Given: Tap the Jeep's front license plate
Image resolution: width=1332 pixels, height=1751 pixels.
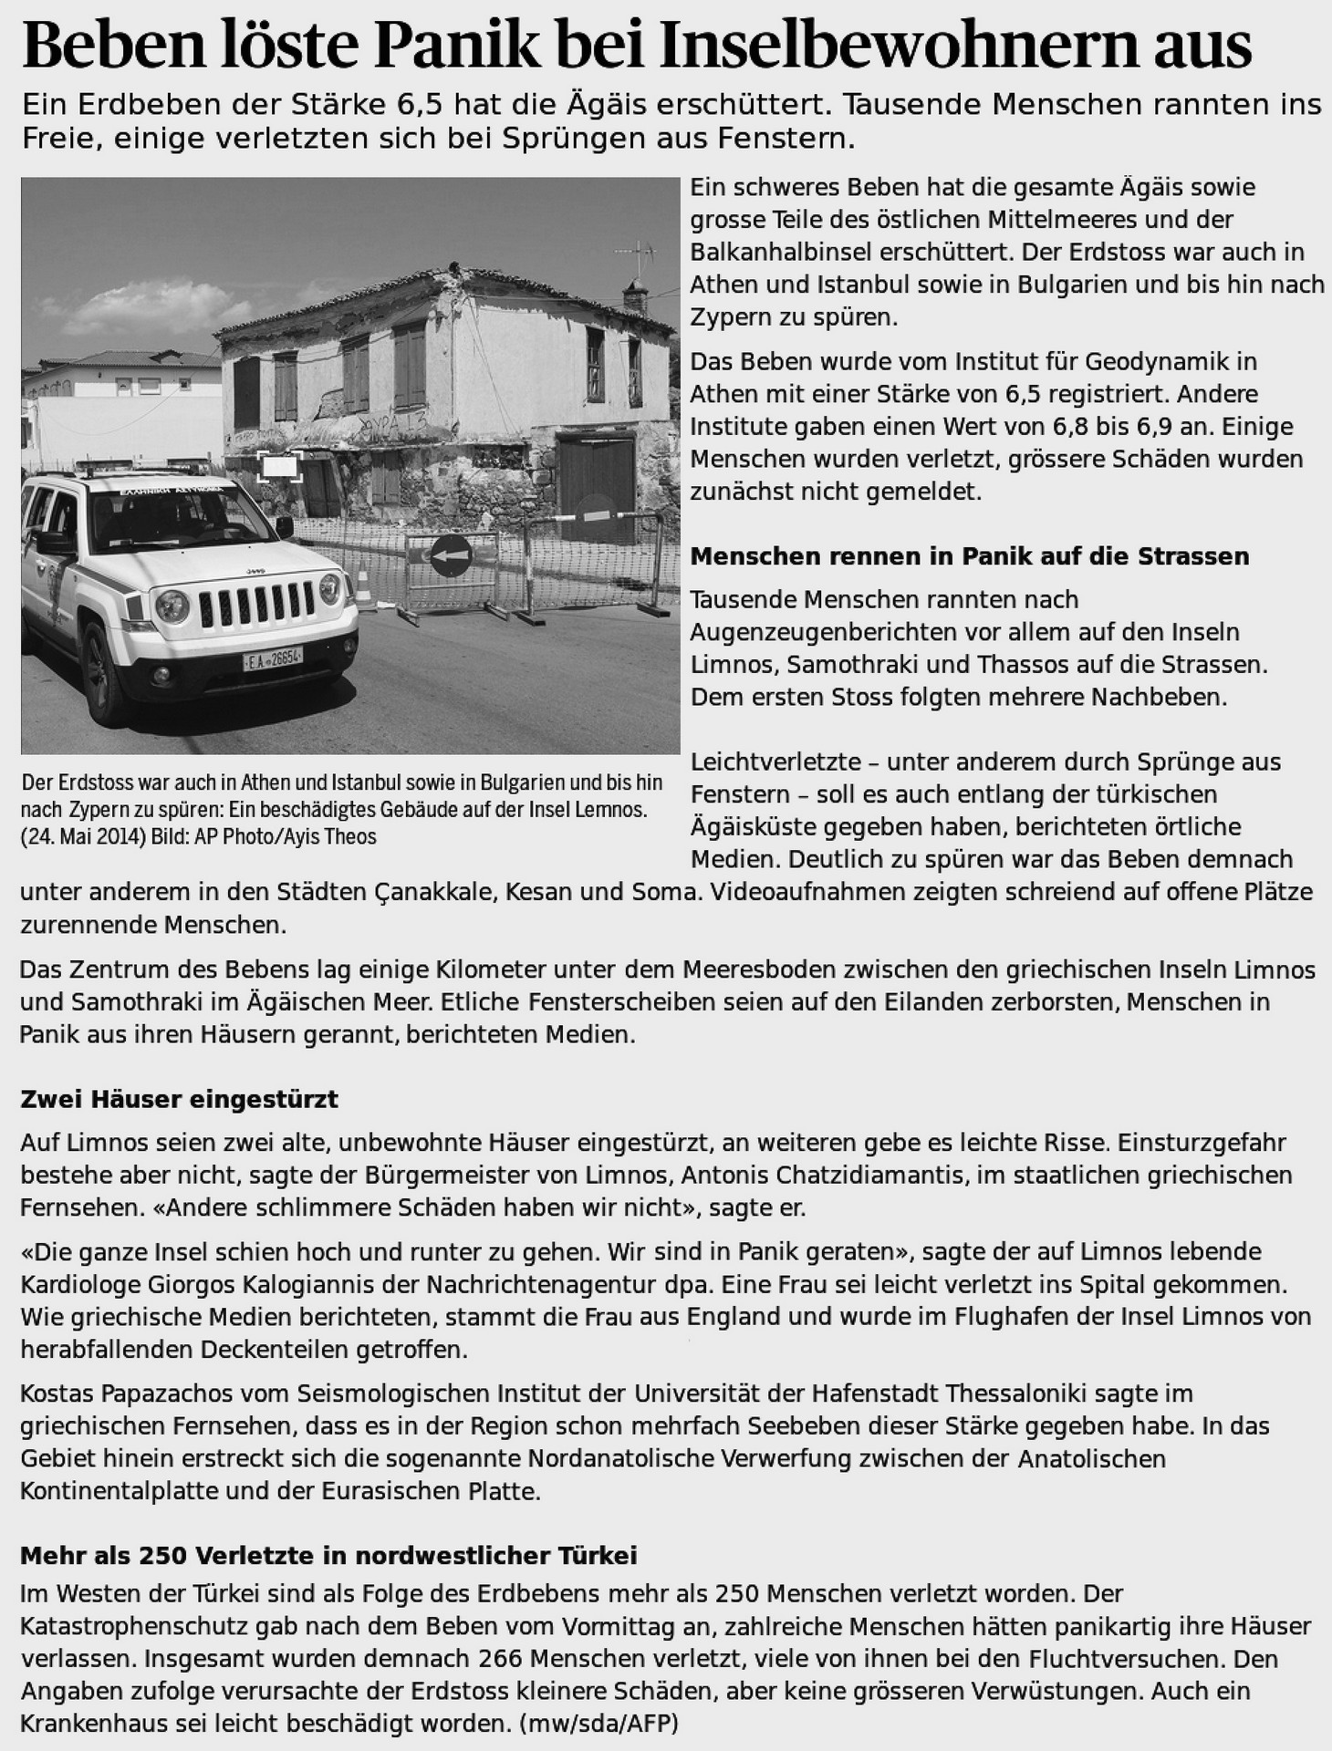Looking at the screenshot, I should click(272, 658).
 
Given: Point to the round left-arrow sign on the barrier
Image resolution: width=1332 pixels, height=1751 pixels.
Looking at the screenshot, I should click(451, 554).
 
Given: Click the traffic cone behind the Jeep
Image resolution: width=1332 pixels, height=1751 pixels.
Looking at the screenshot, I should click(364, 588).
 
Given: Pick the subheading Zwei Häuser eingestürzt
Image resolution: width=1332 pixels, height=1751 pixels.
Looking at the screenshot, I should click(179, 1099).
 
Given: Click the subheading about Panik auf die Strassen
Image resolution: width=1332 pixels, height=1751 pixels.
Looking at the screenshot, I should click(969, 556).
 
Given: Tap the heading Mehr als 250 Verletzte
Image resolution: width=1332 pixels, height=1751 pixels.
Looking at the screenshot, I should click(328, 1555).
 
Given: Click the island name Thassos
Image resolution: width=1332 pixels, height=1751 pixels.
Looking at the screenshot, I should click(1054, 665).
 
